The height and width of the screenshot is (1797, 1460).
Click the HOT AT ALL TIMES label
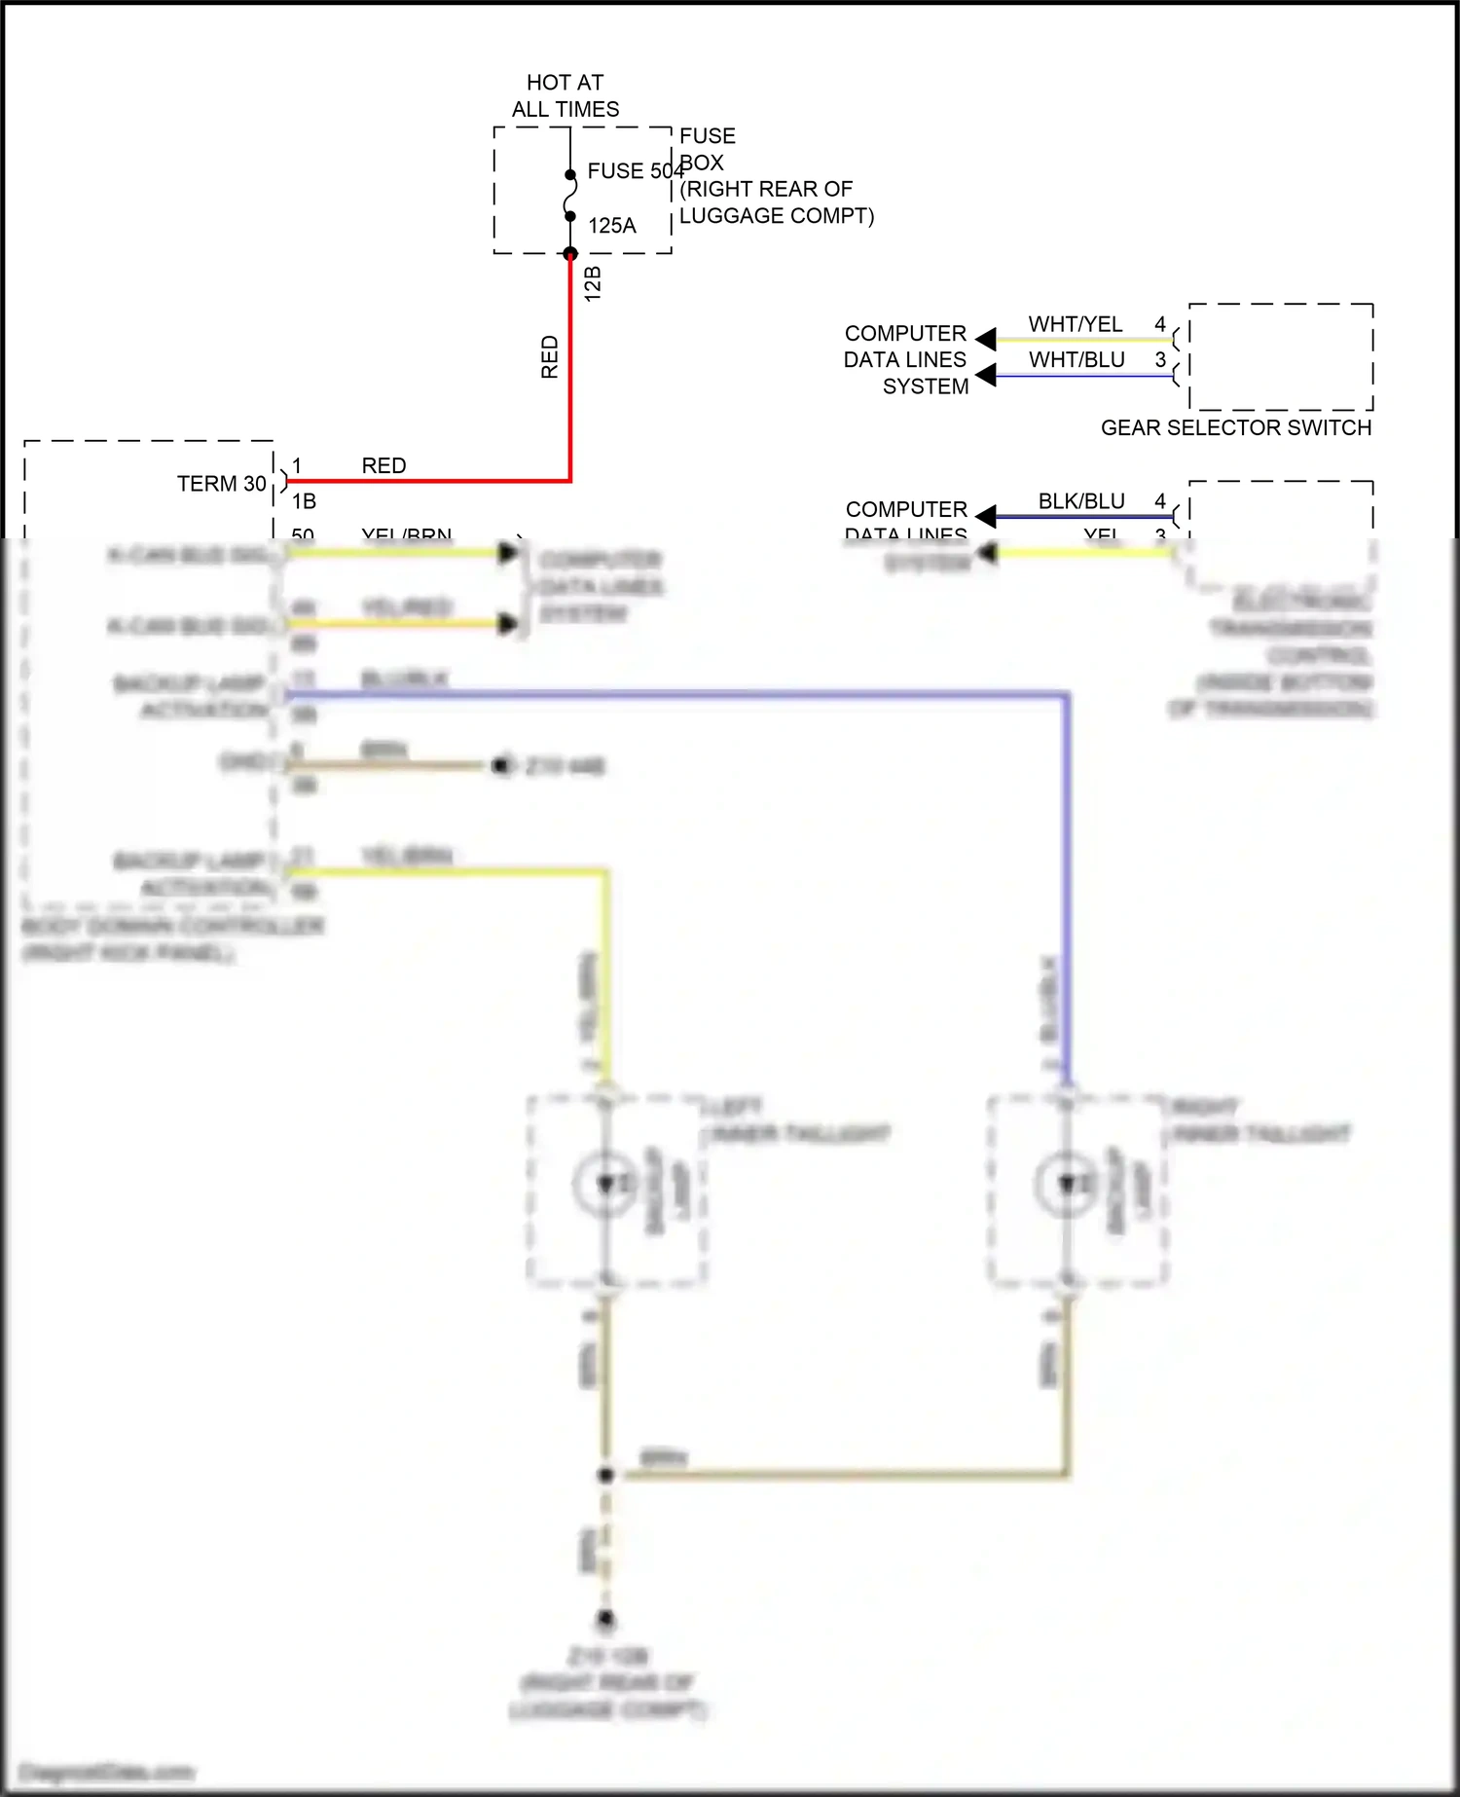tap(565, 95)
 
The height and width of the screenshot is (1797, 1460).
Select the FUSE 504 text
tap(635, 171)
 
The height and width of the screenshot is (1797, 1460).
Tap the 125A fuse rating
tap(611, 226)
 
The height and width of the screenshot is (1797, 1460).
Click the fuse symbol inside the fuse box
tap(570, 196)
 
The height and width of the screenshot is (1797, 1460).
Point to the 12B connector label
tap(593, 283)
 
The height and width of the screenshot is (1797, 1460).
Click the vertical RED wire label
tap(550, 356)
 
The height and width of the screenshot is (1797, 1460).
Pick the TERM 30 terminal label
tap(222, 484)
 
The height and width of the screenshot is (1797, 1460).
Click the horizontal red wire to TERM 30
tap(428, 480)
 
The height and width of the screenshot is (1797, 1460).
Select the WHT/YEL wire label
tap(1076, 324)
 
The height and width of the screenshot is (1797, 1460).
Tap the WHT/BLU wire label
tap(1077, 360)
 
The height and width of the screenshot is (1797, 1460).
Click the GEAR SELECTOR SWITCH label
tap(1236, 428)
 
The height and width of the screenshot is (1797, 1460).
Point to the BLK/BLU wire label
tap(1081, 501)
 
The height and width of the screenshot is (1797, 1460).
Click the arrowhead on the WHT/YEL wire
tap(986, 339)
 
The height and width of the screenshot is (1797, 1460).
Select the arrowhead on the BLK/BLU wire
tap(986, 515)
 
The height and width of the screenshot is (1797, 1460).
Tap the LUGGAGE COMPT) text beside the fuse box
tap(777, 216)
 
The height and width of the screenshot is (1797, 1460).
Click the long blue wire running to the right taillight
tap(681, 695)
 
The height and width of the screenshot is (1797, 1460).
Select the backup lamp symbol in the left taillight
tap(605, 1184)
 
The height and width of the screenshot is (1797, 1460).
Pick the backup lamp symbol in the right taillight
tap(1068, 1184)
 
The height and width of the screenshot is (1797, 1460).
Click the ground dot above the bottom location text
tap(605, 1620)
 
